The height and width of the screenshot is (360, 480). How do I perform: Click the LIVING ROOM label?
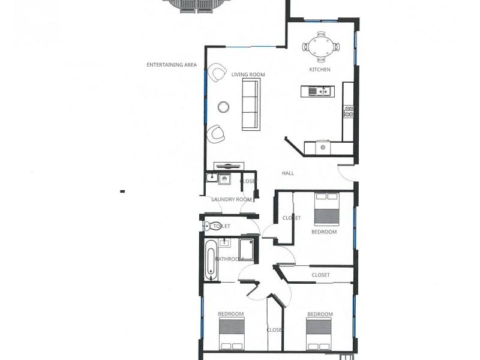pos(248,74)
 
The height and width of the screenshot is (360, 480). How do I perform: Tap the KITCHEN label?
pos(320,70)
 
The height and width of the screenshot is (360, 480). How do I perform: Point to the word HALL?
pos(288,173)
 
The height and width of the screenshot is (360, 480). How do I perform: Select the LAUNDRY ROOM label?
pos(232,199)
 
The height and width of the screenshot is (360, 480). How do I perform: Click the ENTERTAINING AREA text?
pos(172,65)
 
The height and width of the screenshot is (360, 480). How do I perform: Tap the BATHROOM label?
pos(229,259)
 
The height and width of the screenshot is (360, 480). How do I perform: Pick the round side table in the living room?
pos(224,107)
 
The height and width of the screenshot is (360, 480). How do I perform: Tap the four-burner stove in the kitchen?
pos(348,112)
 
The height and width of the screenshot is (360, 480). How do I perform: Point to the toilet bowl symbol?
pos(208,226)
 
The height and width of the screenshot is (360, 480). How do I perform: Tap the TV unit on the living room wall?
pos(229,166)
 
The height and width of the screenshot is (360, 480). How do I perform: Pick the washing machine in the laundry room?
pos(224,179)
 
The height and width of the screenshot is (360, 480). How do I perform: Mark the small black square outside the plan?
pos(122,191)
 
